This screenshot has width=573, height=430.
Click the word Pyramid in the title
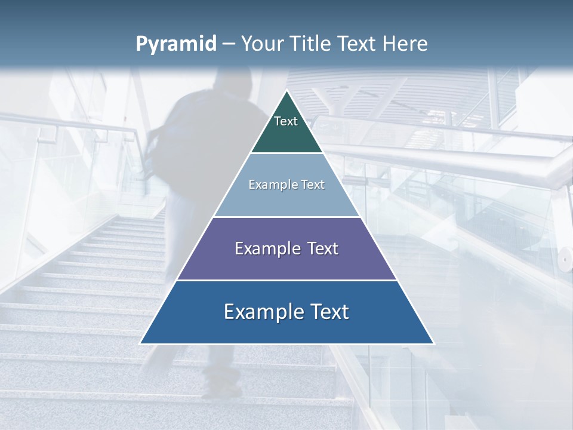pos(176,44)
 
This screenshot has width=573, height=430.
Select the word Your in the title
pos(263,44)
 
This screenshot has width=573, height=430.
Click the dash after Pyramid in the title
pos(229,45)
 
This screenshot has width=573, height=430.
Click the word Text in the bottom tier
pos(327,312)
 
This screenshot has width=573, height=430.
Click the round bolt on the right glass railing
pos(563,259)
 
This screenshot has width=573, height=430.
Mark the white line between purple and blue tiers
pos(286,280)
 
